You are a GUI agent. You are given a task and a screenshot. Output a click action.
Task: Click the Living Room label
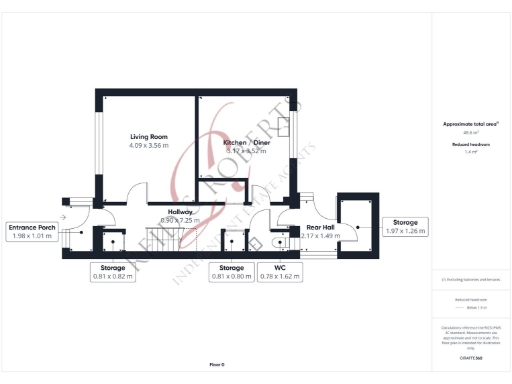tap(149, 136)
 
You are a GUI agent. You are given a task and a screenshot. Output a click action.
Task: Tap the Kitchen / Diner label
tap(246, 143)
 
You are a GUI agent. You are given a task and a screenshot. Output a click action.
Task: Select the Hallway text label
tap(181, 212)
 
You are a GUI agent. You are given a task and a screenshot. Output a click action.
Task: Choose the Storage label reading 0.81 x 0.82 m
tap(113, 272)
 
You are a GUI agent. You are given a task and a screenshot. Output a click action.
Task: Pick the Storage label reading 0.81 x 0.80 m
tap(231, 272)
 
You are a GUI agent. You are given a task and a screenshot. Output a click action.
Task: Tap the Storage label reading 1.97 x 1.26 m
tap(405, 227)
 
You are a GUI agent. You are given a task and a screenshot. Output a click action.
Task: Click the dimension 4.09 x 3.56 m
tap(149, 146)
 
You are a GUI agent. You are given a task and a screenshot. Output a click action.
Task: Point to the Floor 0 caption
tap(216, 364)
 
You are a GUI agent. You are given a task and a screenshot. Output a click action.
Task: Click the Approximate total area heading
tap(470, 123)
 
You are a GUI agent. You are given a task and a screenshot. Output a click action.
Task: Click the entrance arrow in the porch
tap(63, 215)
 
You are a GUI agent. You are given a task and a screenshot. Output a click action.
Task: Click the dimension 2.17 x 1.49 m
tap(320, 236)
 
